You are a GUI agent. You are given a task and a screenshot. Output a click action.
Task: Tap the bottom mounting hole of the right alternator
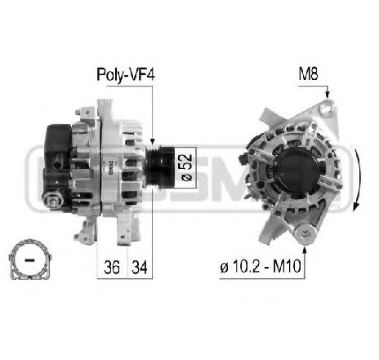[x=308, y=235]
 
